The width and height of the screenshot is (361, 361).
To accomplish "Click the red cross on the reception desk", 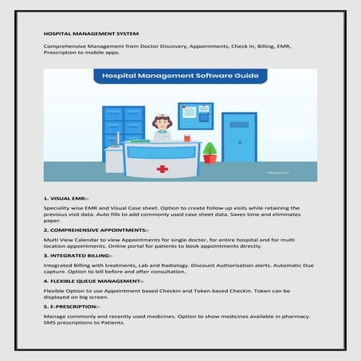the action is (162, 168).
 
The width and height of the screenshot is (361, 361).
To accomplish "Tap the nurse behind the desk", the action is (162, 128).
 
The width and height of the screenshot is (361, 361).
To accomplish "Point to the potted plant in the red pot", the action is (210, 152).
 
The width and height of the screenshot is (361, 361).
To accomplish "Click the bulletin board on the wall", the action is (195, 116).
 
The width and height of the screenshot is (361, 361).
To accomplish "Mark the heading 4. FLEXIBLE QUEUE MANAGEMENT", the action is (93, 281).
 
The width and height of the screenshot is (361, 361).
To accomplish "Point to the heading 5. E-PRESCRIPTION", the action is (73, 306).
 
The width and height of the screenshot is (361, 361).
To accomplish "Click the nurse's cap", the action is (162, 118).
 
